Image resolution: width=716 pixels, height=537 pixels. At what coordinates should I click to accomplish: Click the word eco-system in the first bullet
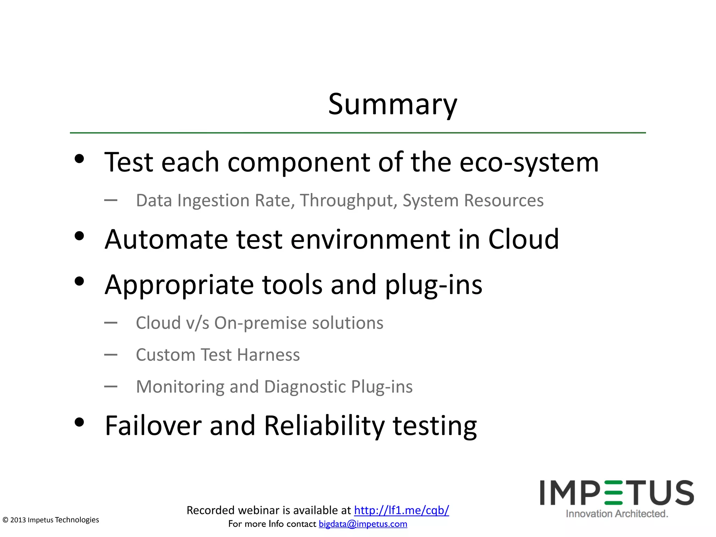(529, 163)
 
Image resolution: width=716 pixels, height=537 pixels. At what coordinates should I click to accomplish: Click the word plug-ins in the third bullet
(434, 285)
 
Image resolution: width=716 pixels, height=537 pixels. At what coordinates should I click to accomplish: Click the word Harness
(268, 355)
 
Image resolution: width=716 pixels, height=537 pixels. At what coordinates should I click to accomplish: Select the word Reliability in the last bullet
(324, 426)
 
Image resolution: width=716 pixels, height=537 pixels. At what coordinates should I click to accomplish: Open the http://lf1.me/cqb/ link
(401, 510)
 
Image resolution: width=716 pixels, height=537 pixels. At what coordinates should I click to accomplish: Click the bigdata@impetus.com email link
(363, 524)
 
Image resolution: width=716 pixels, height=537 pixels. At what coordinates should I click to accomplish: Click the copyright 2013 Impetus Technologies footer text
(51, 520)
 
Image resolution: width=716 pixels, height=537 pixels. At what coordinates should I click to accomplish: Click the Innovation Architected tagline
(617, 514)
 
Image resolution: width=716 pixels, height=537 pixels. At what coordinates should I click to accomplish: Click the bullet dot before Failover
(80, 422)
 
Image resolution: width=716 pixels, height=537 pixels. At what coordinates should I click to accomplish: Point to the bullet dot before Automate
(80, 236)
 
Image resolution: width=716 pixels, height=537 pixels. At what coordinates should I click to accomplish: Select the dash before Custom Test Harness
(111, 355)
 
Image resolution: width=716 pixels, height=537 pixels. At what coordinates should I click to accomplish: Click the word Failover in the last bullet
(153, 426)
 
